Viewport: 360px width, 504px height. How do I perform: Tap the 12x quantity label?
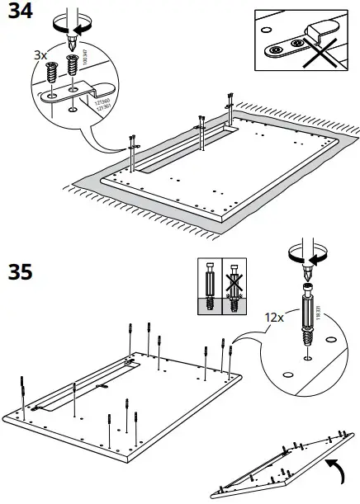pyautogui.click(x=274, y=317)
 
